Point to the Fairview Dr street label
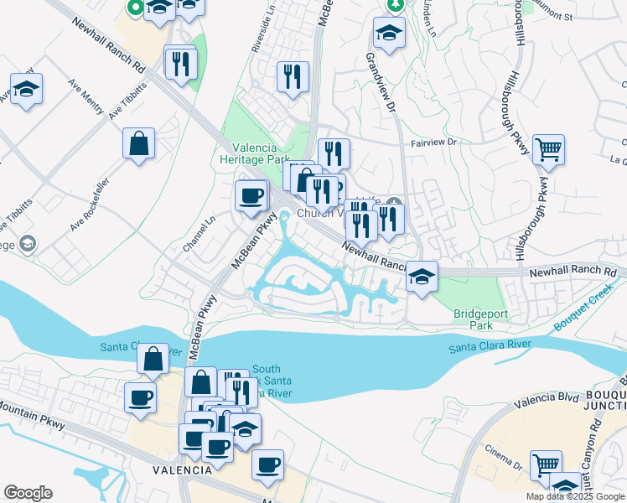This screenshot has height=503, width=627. pos(432,143)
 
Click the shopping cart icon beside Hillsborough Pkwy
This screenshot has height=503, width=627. pos(548,150)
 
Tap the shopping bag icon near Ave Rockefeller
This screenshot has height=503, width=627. pos(138,143)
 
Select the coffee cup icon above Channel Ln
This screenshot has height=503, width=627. pos(251,196)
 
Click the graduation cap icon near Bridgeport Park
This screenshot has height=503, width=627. pos(422,276)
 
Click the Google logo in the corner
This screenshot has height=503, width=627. pos(28,493)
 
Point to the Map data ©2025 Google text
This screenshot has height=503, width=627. pos(574,496)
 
